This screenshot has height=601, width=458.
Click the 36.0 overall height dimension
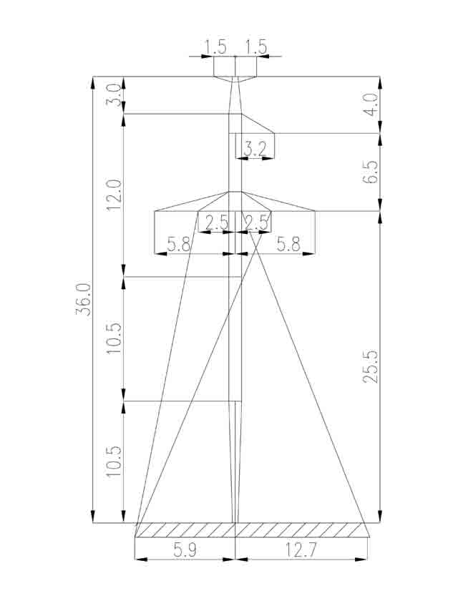tap(83, 299)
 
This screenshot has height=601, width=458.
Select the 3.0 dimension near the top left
tap(114, 95)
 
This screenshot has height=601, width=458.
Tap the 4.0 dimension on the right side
tap(371, 103)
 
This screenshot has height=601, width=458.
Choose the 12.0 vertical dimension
tap(114, 195)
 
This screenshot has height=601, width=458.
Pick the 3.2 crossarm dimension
tap(255, 149)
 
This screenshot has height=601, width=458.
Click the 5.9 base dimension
tap(185, 551)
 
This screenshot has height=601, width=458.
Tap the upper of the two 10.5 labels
tap(114, 339)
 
